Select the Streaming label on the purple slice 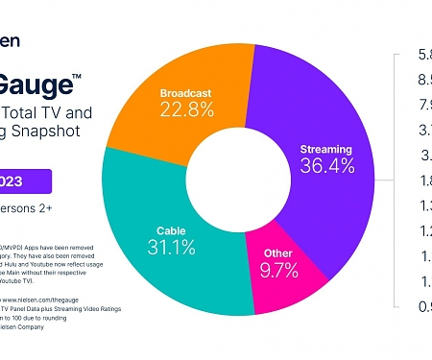point(325,150)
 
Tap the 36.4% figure point(325,168)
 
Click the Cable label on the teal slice point(174,231)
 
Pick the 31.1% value point(173,250)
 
